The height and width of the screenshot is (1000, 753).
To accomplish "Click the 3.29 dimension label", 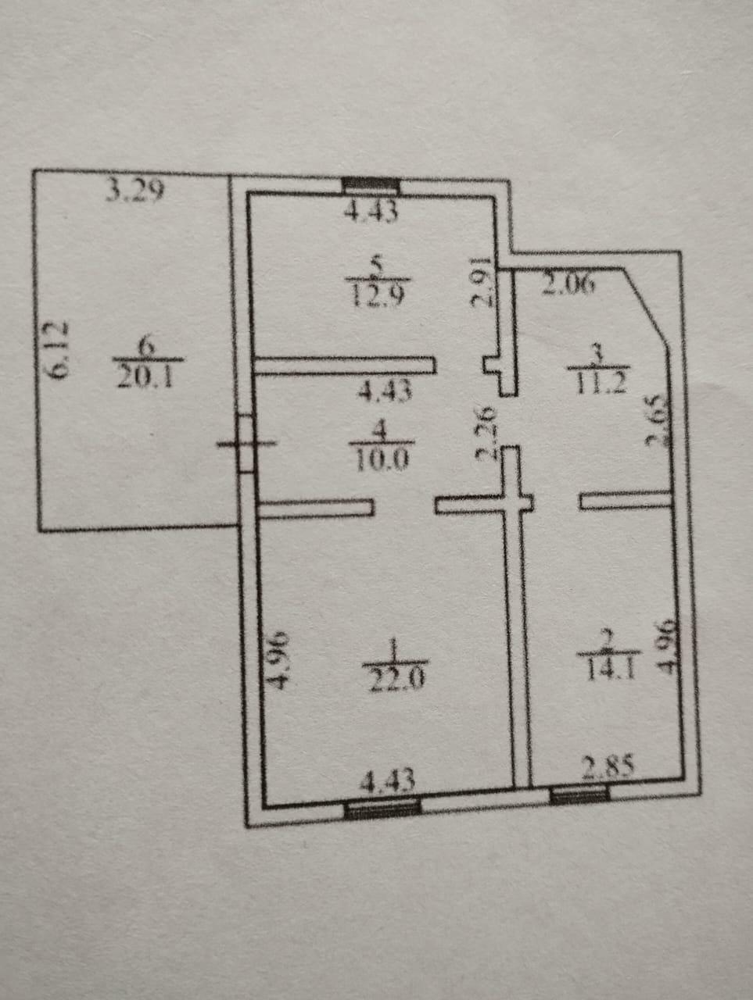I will coord(135,190).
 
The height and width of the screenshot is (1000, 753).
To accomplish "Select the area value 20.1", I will coord(149,377).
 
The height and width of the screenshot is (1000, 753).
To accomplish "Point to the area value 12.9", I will coord(376,296).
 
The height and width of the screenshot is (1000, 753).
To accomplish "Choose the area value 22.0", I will coord(395,676).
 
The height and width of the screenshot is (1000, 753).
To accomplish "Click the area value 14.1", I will coord(608,669).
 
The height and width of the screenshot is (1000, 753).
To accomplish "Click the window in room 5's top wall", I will coord(371,186).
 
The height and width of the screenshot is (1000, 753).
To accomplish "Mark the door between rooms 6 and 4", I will coord(246,444).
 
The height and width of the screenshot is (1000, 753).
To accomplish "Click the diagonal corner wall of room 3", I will coord(647,306).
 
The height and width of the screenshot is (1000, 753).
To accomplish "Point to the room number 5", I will coord(376,267).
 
